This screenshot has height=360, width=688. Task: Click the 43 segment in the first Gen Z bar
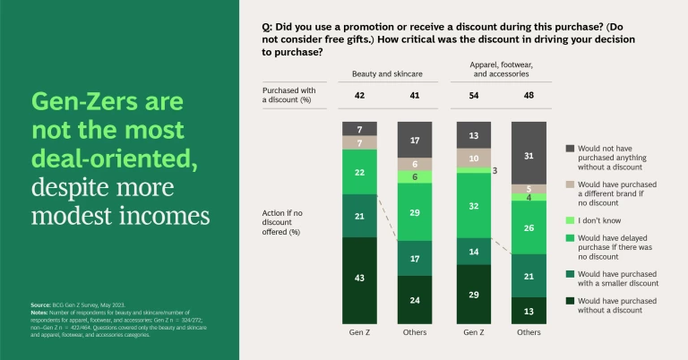pyautogui.click(x=360, y=279)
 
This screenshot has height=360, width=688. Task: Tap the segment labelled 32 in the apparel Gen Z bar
pyautogui.click(x=475, y=205)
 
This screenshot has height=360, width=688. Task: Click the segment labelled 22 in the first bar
pyautogui.click(x=360, y=171)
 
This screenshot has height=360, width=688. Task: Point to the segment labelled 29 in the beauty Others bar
pyautogui.click(x=414, y=214)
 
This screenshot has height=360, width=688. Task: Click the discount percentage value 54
pyautogui.click(x=475, y=94)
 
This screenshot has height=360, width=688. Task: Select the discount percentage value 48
pyautogui.click(x=529, y=94)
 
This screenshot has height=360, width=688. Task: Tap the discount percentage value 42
pyautogui.click(x=360, y=94)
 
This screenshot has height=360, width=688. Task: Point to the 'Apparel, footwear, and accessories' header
pyautogui.click(x=502, y=69)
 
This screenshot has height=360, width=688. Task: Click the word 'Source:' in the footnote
pyautogui.click(x=39, y=305)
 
